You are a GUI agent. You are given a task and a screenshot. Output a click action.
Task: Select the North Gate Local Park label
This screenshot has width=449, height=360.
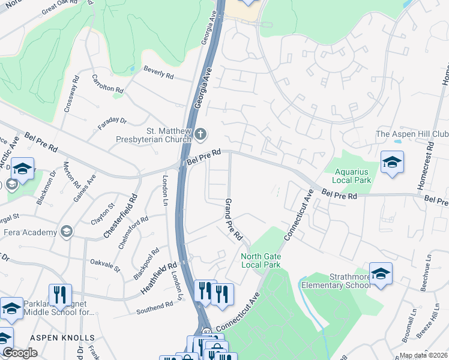tap(261, 260)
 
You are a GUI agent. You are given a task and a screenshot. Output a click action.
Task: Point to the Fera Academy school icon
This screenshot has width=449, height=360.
tap(65, 232)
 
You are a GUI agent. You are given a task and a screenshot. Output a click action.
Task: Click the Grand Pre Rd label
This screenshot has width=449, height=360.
tap(233, 220)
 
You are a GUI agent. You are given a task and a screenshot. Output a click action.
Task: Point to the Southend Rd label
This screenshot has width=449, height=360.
tap(154, 309)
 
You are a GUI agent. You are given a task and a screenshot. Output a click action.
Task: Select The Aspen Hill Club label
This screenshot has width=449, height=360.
tap(412, 134)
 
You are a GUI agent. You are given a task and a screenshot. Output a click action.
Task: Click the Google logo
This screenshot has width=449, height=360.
tap(20, 353)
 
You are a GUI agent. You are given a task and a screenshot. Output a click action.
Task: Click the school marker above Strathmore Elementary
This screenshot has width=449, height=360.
tap(381, 274)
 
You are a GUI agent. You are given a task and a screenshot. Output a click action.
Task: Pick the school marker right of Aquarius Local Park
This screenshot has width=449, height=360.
tap(392, 162)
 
